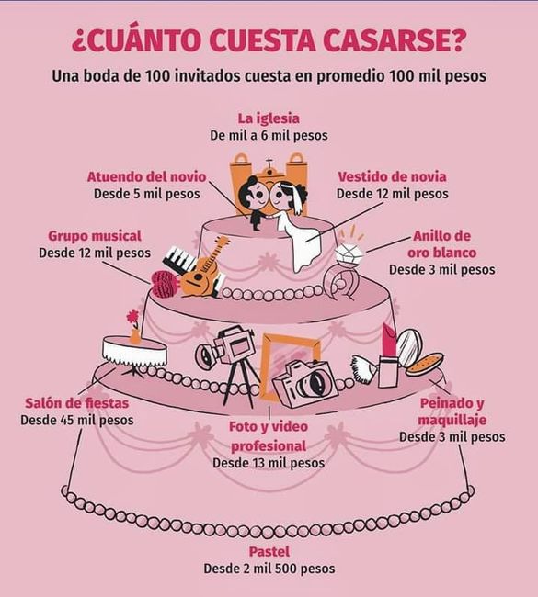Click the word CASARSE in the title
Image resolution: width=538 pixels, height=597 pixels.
coord(402,42)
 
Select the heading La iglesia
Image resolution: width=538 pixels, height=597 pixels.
coord(269,118)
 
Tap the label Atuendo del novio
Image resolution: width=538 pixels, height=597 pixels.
coord(146,176)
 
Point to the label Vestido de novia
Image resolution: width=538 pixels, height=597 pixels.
coord(393,176)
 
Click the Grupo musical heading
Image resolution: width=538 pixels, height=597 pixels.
coord(95,235)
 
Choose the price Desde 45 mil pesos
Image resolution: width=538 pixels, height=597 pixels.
coord(77,420)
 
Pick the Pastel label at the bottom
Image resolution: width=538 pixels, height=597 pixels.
coord(269,552)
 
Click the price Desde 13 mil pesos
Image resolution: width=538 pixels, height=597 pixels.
coord(269,463)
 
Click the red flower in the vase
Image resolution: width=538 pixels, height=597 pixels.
coord(133,318)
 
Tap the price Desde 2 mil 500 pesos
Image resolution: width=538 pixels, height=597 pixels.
coord(269,569)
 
